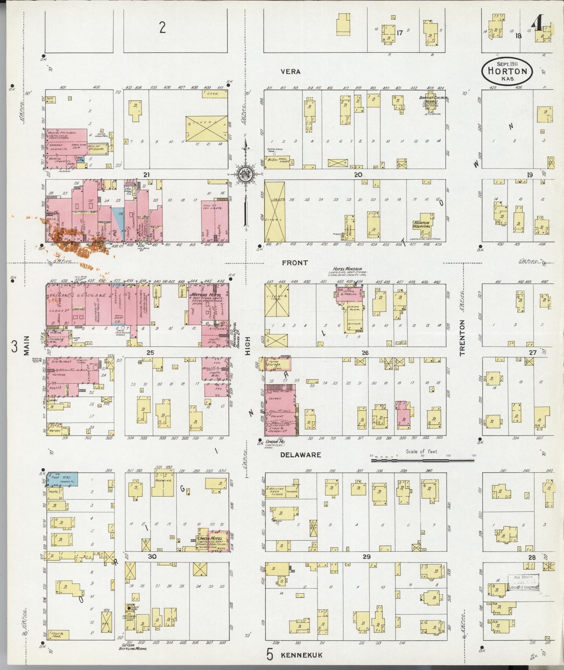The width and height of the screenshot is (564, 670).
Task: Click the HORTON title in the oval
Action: point(507,72)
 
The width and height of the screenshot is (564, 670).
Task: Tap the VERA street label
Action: point(291,72)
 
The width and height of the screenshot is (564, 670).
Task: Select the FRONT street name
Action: point(295,263)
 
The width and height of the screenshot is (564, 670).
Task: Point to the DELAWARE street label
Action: point(301,455)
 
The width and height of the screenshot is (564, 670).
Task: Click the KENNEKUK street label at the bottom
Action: point(301,655)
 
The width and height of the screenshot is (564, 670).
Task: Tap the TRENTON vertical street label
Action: point(462,338)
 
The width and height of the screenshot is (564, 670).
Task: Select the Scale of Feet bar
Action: point(422,461)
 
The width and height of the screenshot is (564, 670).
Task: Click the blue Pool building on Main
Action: point(62,479)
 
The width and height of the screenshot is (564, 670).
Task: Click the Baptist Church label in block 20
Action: point(432,99)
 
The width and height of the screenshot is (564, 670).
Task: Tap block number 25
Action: point(150,353)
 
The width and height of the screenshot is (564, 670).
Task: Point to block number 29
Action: point(366,557)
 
